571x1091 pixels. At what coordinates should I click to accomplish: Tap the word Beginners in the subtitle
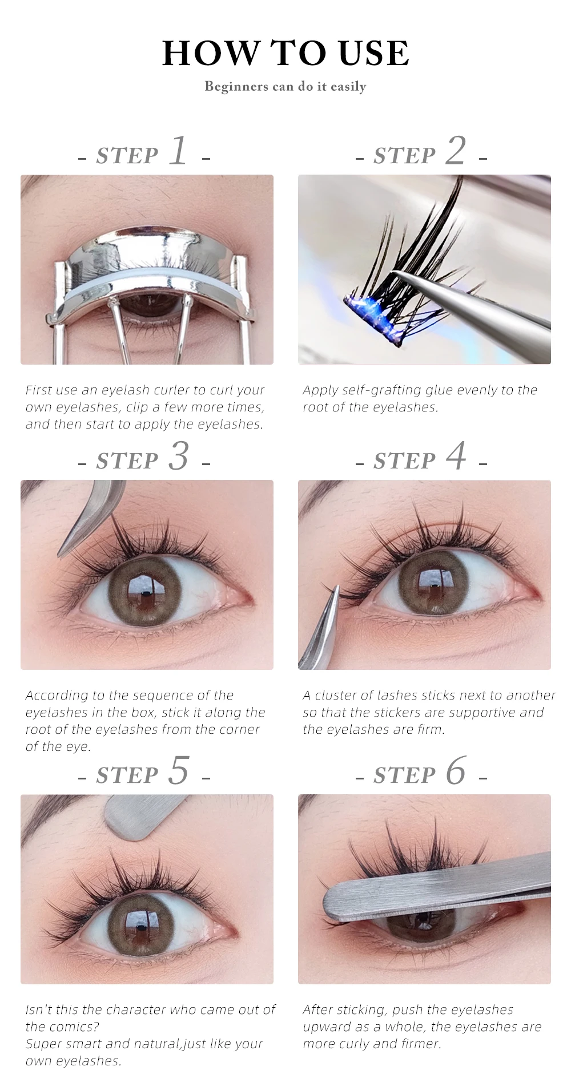point(236,87)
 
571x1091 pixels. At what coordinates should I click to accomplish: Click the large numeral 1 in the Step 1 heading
point(179,151)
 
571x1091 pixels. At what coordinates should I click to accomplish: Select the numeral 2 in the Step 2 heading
point(456,151)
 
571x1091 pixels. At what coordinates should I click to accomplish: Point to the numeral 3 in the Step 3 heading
point(179,456)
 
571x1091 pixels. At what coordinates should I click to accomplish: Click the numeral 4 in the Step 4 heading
point(456,456)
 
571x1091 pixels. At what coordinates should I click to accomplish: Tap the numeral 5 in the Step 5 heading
point(179,771)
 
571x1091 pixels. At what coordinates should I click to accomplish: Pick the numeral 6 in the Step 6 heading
point(456,771)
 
